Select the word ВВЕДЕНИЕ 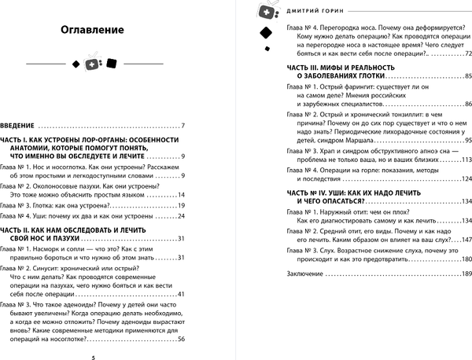point(18,126)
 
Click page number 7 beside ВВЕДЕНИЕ point(182,126)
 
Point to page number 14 point(180,194)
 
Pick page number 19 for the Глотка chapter point(180,205)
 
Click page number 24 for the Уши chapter point(180,216)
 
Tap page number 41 point(180,294)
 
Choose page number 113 point(466,160)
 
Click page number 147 point(466,239)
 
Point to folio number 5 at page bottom point(93,356)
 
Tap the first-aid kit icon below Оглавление point(93,63)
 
